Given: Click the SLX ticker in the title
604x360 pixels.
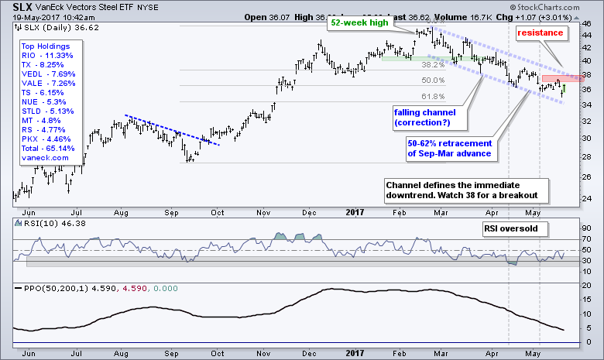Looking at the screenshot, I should click(14, 6).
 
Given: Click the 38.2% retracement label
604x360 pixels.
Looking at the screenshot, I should click(432, 66).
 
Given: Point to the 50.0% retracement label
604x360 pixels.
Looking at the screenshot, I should click(432, 81).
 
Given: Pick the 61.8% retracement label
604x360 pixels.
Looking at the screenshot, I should click(432, 96).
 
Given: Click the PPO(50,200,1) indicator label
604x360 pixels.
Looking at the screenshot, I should click(51, 288).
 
